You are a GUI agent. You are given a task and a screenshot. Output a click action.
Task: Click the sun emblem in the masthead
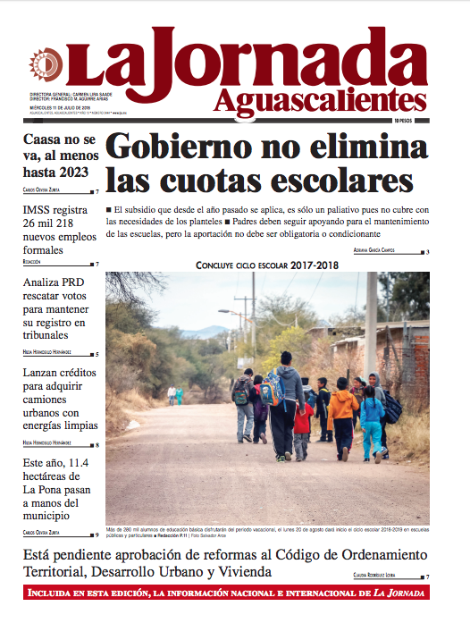[43, 63]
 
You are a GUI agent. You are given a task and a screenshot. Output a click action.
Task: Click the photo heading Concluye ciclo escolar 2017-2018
[268, 265]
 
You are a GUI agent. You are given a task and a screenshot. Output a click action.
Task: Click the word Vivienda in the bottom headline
[240, 572]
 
